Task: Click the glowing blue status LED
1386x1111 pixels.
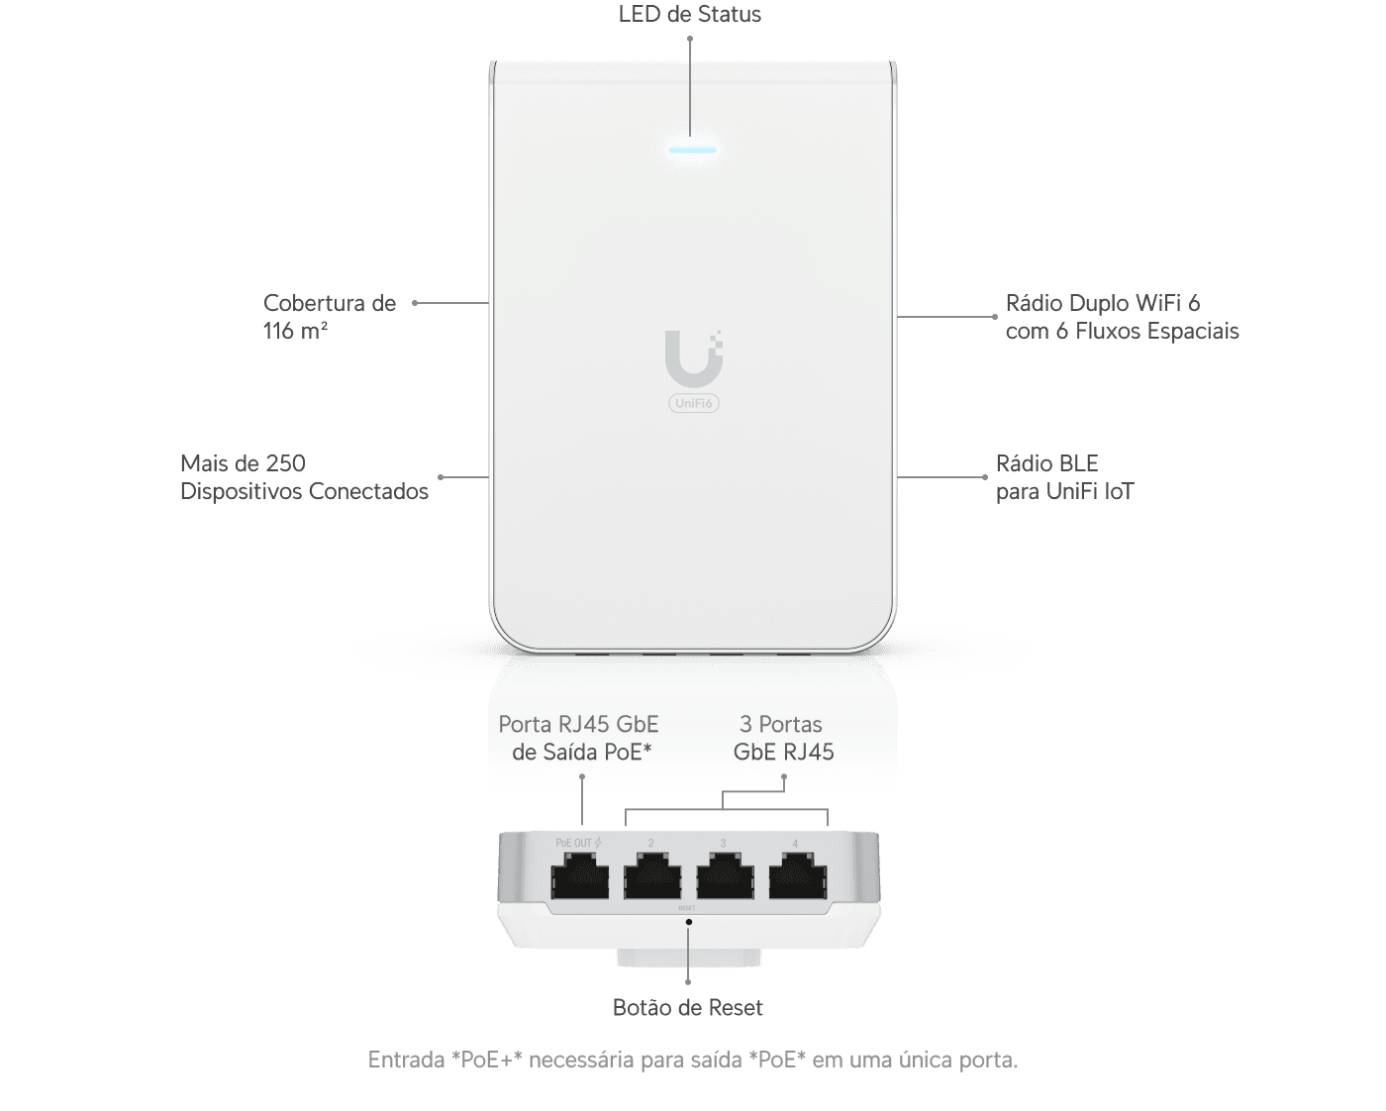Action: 692,151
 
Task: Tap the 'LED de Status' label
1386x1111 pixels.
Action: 689,14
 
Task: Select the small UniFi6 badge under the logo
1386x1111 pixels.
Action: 693,403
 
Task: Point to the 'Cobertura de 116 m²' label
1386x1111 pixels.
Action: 329,317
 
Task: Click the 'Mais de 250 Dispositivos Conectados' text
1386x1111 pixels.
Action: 304,477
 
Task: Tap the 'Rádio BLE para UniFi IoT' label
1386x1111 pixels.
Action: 1064,477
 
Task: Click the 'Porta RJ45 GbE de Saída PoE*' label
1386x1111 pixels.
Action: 579,739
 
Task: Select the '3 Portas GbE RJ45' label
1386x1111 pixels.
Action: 783,739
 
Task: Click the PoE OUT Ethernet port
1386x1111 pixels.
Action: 579,878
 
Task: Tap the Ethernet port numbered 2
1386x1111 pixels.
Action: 652,878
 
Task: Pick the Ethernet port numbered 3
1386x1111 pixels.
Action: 725,878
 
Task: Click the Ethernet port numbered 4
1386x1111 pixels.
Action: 798,878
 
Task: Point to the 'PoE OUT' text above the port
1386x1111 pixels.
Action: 573,844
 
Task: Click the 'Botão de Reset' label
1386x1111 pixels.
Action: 688,1008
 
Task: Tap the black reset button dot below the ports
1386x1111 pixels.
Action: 688,921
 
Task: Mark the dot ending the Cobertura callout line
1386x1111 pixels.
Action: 415,303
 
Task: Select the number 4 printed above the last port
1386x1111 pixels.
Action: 795,844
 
